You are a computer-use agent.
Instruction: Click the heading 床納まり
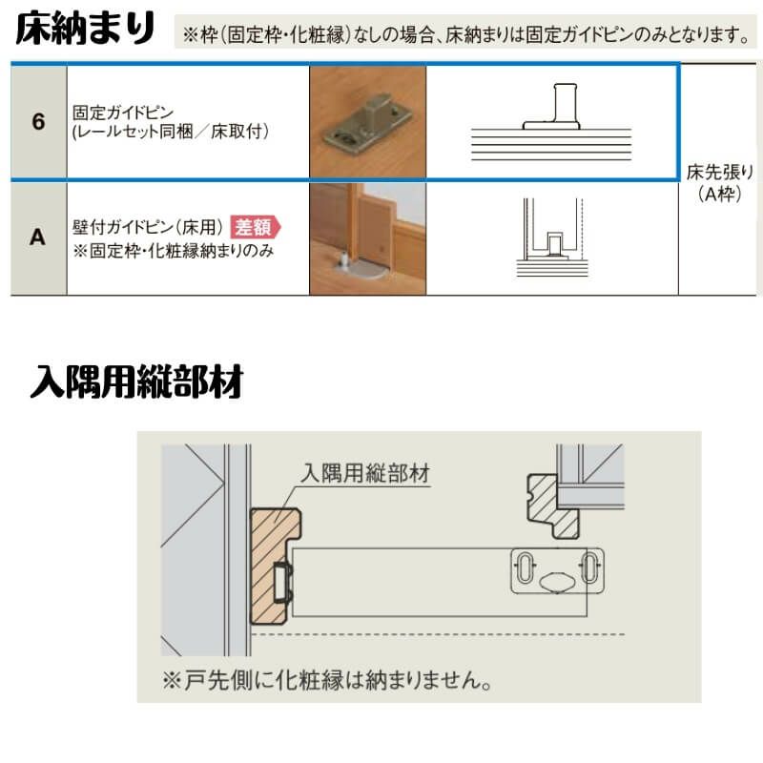coord(85,30)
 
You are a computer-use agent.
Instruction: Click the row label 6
coord(38,122)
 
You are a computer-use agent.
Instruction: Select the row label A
coord(38,237)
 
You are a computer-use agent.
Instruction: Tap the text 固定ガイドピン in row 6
coord(123,113)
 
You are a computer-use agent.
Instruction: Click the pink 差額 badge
coord(255,227)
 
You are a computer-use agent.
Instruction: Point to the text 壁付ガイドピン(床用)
coord(148,227)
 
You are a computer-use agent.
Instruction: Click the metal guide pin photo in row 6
coord(368,122)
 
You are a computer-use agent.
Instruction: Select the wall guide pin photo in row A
coord(368,238)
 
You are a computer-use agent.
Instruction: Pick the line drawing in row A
coord(552,237)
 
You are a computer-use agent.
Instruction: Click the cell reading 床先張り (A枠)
coord(720,182)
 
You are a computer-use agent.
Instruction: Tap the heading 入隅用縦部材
coord(136,382)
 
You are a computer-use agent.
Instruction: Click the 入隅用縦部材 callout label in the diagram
coord(365,473)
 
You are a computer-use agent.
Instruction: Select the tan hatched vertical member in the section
coord(273,566)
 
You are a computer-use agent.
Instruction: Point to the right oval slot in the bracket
coord(589,567)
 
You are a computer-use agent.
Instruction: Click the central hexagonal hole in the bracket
coord(557,582)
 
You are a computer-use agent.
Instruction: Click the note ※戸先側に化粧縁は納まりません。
coord(326,680)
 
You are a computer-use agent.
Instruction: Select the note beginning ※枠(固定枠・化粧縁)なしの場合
coord(465,34)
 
